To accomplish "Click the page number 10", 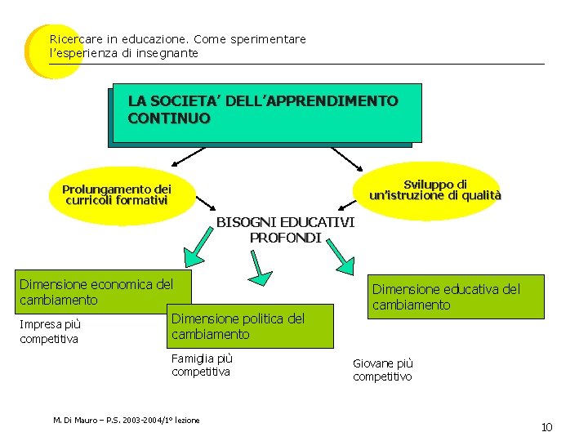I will tap(547, 428).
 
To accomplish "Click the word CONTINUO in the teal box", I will tap(168, 118).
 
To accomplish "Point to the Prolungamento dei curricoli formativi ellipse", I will tap(117, 194).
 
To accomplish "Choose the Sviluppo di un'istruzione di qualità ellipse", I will tap(435, 190).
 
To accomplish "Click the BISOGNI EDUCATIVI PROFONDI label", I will tap(285, 230).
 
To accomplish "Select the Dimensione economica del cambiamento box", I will tap(104, 292).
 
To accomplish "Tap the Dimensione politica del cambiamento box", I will tap(250, 327).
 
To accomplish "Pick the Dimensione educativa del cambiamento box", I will tap(457, 296).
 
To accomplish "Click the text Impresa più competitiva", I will tap(51, 332).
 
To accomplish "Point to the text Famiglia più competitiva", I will tap(202, 365).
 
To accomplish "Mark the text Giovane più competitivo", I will tap(383, 370).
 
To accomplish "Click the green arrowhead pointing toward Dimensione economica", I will tap(192, 257).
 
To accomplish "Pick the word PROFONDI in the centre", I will tap(285, 238).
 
